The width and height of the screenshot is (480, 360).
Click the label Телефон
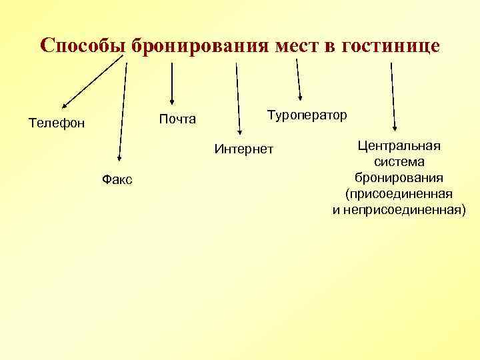[57, 123]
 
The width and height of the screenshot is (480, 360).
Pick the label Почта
[177, 119]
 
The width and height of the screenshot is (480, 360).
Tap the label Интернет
[244, 148]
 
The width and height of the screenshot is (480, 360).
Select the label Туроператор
[307, 115]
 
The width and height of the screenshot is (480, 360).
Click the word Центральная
[399, 146]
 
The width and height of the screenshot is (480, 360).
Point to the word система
[399, 162]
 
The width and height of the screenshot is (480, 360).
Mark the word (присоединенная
[399, 194]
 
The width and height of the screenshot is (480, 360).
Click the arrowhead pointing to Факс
[117, 158]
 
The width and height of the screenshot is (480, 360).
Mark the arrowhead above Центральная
[395, 129]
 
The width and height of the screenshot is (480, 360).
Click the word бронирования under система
[399, 178]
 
